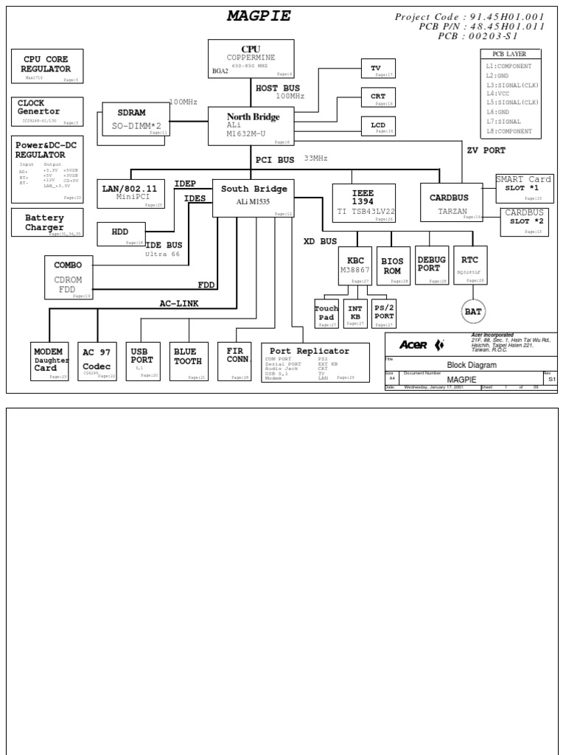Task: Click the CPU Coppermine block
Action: pyautogui.click(x=251, y=58)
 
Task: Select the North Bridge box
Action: pyautogui.click(x=251, y=125)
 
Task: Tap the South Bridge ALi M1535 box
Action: pyautogui.click(x=253, y=198)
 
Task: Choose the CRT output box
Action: pyautogui.click(x=377, y=97)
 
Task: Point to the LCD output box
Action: pyautogui.click(x=377, y=125)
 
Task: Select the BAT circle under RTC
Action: pyautogui.click(x=472, y=312)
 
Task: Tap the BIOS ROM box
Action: pyautogui.click(x=391, y=265)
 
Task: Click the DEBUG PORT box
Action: pyautogui.click(x=431, y=265)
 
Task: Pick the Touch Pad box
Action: pyautogui.click(x=326, y=313)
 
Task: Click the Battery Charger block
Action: pyautogui.click(x=47, y=223)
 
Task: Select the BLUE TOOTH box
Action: pyautogui.click(x=189, y=361)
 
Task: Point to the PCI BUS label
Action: pyautogui.click(x=275, y=159)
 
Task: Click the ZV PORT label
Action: pyautogui.click(x=486, y=150)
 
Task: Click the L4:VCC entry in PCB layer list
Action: pyautogui.click(x=497, y=94)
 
